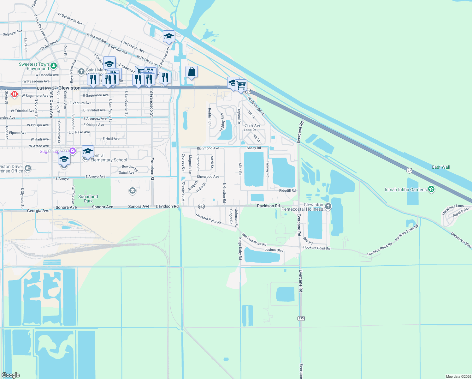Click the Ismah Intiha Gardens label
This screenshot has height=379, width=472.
(405, 189)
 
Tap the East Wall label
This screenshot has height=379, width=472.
(441, 167)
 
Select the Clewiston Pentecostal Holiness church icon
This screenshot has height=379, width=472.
(328, 207)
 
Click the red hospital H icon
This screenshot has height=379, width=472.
(14, 94)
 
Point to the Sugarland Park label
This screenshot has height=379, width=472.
(88, 199)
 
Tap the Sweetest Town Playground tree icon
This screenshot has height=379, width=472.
(54, 66)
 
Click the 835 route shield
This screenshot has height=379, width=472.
(301, 318)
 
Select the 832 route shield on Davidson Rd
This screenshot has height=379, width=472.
(202, 207)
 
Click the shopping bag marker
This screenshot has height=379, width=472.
(192, 72)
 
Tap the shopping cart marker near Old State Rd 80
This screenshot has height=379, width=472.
(241, 85)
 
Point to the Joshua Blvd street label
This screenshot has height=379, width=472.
(274, 250)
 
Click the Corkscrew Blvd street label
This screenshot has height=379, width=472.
(461, 240)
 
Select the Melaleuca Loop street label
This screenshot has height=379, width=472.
(453, 209)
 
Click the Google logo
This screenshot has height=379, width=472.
(11, 375)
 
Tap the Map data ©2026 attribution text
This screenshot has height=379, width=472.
(458, 376)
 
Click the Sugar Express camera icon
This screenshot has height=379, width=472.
(73, 151)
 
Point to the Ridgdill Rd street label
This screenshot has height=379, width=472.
(287, 190)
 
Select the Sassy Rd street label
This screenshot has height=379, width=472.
(254, 148)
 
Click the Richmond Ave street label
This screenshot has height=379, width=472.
(208, 148)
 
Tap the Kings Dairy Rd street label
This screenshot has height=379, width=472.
(240, 249)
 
